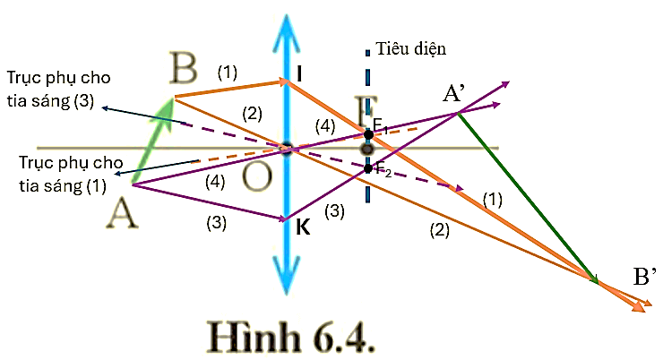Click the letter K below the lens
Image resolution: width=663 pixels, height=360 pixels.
coord(303,228)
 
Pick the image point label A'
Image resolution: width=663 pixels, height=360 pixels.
coord(458,94)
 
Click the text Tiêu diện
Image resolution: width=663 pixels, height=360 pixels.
coord(411,48)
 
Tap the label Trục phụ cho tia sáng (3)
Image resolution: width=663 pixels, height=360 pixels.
coord(62,89)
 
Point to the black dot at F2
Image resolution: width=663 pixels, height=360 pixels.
coord(368,167)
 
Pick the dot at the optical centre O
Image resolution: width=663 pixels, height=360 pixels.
coord(287,149)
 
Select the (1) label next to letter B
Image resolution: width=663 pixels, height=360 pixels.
coord(228,71)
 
